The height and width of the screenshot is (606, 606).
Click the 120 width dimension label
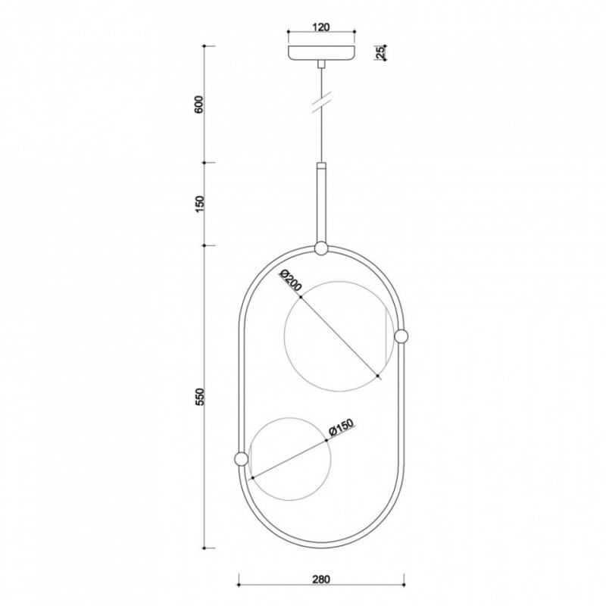321,27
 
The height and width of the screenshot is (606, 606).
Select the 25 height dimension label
380,52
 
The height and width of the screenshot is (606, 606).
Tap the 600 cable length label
199,105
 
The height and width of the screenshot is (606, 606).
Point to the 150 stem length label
199,204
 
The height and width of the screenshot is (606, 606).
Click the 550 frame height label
199,397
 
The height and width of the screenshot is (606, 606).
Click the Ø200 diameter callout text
290,281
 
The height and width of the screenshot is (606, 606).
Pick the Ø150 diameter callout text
341,427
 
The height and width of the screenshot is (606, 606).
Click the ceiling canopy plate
321,53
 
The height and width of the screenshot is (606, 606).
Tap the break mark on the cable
321,102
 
